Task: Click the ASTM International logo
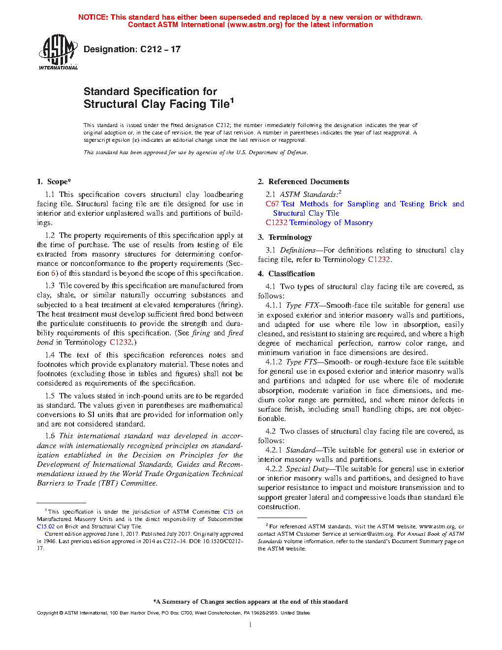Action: (58, 52)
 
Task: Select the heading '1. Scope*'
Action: (54, 182)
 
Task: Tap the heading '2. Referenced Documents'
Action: (303, 182)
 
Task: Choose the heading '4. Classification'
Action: (286, 274)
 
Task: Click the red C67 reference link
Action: (272, 204)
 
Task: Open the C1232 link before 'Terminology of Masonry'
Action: (277, 223)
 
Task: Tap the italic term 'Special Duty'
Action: (307, 469)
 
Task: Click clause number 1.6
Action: (50, 436)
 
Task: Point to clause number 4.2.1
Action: (274, 450)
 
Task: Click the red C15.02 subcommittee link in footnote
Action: (46, 526)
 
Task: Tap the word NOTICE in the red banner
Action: (93, 17)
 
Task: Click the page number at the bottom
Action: (251, 625)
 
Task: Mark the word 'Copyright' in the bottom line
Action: (47, 613)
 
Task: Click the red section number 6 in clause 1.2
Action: (54, 273)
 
